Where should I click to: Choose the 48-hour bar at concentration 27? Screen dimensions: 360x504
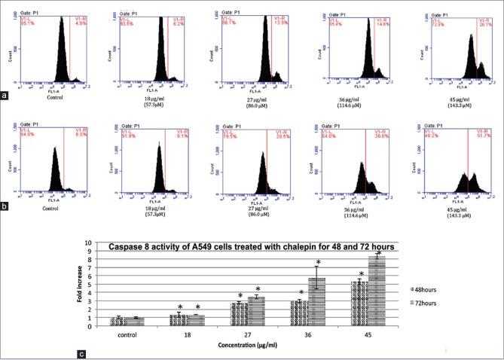click(x=238, y=314)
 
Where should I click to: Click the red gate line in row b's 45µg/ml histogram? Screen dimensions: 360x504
click(x=469, y=166)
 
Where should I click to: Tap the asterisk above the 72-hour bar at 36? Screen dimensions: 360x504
click(x=319, y=262)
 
